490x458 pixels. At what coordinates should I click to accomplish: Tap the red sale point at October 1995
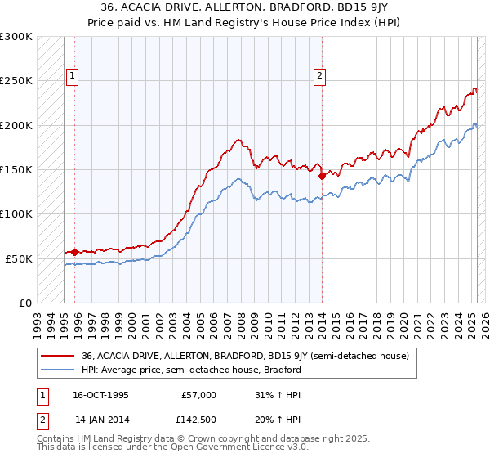(74, 252)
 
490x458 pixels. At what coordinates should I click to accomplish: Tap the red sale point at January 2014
(322, 175)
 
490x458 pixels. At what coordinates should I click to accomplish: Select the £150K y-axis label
(16, 169)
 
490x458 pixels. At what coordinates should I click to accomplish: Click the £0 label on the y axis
(24, 303)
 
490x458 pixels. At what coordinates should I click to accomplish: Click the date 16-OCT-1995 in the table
(100, 395)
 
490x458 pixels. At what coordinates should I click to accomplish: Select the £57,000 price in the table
(198, 395)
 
